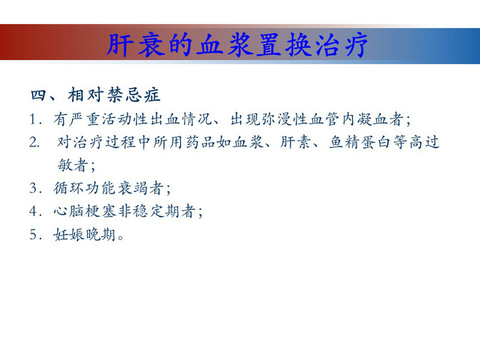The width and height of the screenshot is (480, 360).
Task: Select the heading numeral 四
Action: (x=39, y=95)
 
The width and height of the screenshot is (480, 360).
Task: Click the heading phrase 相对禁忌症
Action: (x=114, y=94)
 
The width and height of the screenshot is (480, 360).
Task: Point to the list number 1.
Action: (x=33, y=119)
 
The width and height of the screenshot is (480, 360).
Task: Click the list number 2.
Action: (x=34, y=142)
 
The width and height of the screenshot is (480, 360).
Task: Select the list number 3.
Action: (x=33, y=188)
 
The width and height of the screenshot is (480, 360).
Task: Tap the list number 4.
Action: (x=34, y=211)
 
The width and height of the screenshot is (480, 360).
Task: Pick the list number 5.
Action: (x=33, y=234)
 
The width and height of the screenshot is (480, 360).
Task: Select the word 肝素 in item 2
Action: (x=296, y=142)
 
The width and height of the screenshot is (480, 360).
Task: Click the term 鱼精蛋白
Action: (x=361, y=142)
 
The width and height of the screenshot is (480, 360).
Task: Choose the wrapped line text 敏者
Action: (x=73, y=165)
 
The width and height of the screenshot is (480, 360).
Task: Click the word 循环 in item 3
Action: (x=69, y=188)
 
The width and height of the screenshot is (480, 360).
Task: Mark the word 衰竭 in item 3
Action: (x=132, y=188)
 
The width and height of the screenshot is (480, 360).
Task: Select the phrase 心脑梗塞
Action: (x=85, y=211)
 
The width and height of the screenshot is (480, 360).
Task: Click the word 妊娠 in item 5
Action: (x=69, y=234)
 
